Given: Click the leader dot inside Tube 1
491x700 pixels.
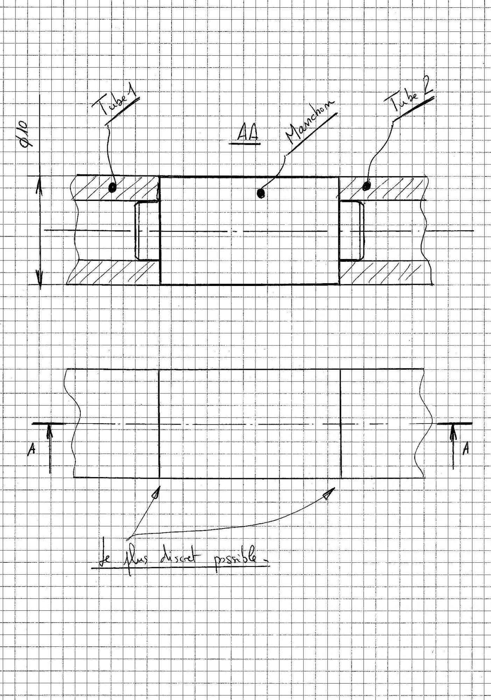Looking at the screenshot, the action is pos(112,188).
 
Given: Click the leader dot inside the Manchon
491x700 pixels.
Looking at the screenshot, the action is pos(260,193).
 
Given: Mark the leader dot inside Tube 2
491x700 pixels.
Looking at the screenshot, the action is pos(366,186).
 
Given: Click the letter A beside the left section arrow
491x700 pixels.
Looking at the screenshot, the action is pos(31,449).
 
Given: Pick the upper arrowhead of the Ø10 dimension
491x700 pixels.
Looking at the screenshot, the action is pos(40,184).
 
